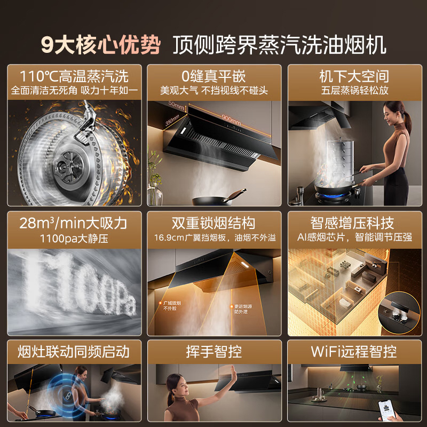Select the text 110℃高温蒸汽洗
[74, 75]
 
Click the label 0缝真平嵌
[213, 75]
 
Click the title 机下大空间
[353, 75]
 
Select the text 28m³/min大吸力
[74, 222]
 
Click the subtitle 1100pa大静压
[74, 238]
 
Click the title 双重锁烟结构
[213, 222]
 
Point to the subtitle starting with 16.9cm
[213, 238]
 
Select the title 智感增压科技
[353, 222]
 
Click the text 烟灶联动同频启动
[74, 351]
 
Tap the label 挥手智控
[213, 351]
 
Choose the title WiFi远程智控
[353, 351]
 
